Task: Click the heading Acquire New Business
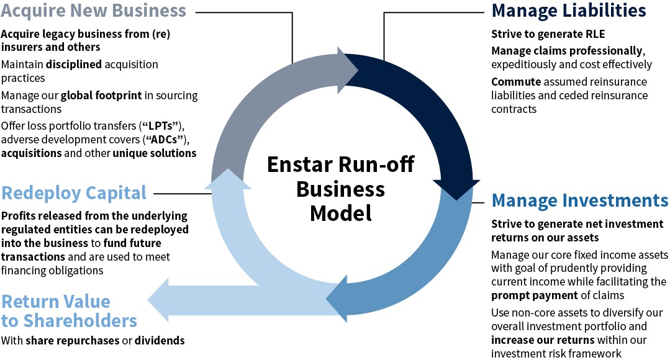(x=93, y=11)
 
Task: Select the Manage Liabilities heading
(x=569, y=11)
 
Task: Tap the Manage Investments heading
(x=580, y=201)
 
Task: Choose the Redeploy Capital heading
(x=74, y=192)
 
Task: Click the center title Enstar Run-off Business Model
(x=340, y=189)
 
